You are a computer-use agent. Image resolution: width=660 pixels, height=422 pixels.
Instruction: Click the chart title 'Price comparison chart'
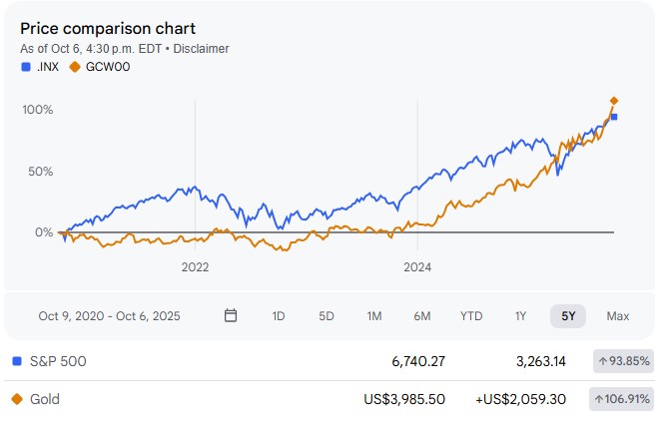(108, 28)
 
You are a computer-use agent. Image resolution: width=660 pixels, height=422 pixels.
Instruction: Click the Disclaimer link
(203, 48)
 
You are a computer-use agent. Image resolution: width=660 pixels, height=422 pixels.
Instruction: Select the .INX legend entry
(40, 67)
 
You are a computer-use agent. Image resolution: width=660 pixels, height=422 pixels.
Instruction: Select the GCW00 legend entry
(100, 67)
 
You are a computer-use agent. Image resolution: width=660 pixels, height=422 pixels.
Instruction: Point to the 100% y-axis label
(37, 109)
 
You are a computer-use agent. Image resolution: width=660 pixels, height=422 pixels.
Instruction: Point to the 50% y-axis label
(39, 172)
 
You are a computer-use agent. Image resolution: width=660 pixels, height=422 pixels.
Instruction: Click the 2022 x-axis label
(195, 267)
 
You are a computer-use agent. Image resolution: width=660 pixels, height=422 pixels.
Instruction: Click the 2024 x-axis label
(416, 267)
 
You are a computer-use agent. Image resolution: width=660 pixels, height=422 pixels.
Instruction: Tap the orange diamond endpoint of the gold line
(614, 101)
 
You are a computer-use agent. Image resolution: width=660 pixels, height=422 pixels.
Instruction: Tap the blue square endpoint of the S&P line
(614, 118)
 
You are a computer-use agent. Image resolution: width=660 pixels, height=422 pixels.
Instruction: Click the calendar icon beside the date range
(231, 316)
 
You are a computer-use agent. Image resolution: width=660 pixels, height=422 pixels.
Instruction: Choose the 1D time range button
(279, 316)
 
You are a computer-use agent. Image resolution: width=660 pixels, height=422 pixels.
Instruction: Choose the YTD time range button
(471, 316)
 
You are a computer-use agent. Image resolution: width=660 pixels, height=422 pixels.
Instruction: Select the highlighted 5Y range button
(568, 316)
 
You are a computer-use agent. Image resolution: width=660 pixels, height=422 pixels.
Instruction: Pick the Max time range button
(618, 316)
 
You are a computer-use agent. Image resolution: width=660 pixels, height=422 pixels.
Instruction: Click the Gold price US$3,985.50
(406, 399)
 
